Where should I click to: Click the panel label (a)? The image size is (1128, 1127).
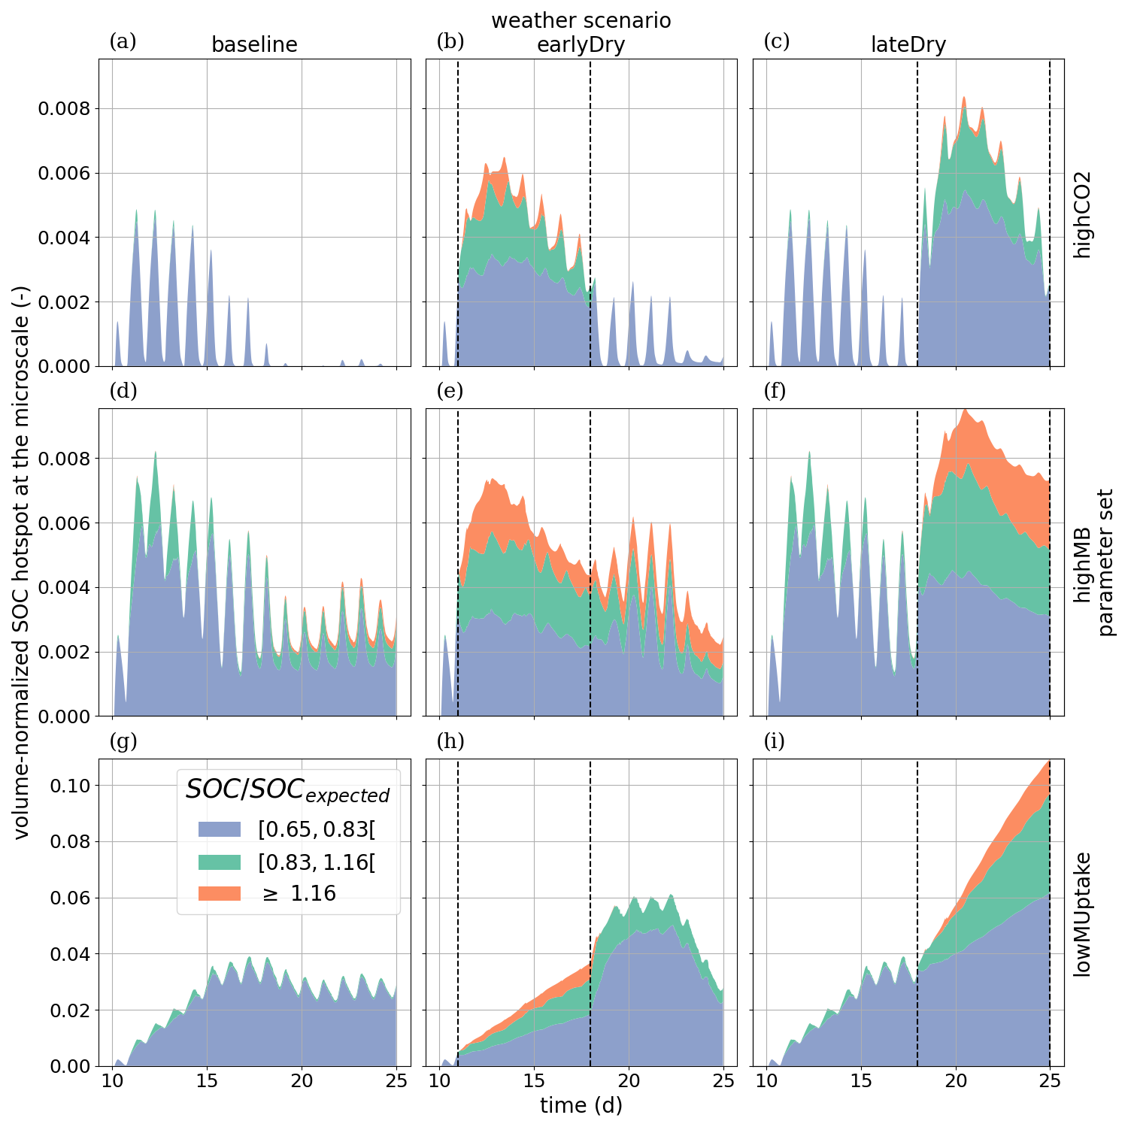[123, 41]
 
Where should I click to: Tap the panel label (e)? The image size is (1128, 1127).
[450, 391]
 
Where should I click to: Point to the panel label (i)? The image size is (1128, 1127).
[775, 741]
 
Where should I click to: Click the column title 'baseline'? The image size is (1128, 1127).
[254, 45]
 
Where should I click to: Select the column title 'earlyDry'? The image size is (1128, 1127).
[581, 45]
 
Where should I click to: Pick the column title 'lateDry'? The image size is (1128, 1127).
[908, 45]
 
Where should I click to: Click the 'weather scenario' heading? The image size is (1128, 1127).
[581, 20]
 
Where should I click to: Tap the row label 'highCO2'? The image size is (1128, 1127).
[1081, 213]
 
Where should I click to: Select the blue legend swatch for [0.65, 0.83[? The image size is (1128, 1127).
[220, 829]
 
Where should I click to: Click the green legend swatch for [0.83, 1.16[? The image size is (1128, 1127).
[220, 862]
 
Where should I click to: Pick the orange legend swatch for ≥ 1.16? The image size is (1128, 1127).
[220, 893]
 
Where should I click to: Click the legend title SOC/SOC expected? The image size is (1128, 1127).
[287, 789]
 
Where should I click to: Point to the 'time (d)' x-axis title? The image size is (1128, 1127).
[581, 1105]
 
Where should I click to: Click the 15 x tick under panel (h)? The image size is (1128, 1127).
[534, 1080]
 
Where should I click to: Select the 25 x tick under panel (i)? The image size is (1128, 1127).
[1050, 1080]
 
